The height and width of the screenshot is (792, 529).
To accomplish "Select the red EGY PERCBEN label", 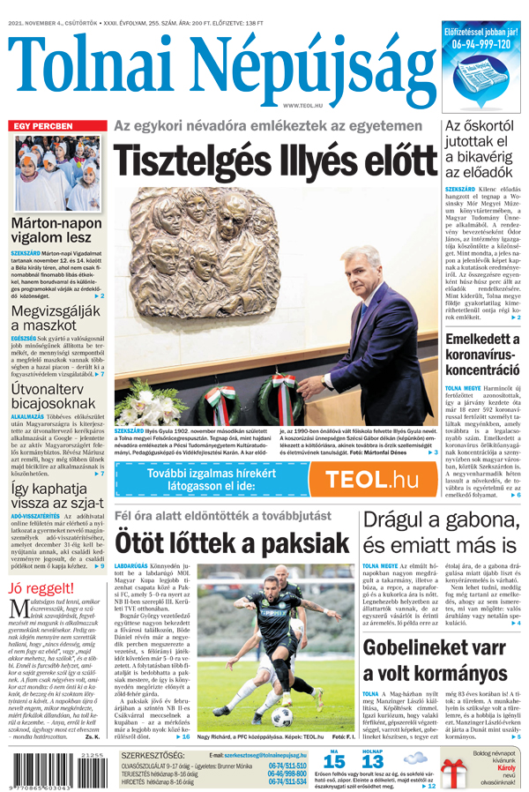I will (42, 126).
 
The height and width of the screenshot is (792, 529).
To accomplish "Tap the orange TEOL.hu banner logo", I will (370, 480).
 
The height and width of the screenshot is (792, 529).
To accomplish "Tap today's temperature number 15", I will (333, 760).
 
